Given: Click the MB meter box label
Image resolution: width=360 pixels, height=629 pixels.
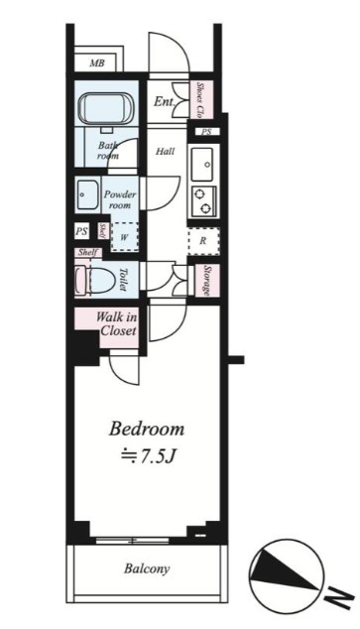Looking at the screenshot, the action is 97,63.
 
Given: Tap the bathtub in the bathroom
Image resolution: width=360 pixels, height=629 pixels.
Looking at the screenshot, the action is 107,109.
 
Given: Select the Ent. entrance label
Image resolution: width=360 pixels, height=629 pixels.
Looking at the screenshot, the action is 165,101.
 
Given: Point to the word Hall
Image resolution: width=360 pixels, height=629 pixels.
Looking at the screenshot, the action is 166,151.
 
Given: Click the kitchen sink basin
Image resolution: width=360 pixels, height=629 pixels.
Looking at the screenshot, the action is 202,164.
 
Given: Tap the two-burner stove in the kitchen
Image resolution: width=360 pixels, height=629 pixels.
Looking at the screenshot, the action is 203,201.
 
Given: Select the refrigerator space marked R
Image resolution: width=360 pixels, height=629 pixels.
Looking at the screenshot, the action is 203,241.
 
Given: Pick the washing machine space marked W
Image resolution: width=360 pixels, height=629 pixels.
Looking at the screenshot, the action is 124,237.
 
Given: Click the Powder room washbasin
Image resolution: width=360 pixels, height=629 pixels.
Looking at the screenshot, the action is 87,194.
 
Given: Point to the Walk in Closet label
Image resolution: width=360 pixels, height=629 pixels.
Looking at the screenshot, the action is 117,324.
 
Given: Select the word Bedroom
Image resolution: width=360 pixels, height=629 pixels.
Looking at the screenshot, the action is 147,429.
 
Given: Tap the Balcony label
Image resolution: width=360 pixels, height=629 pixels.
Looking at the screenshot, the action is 147,568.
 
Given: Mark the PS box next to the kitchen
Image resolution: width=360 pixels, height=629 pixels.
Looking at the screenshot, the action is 206,132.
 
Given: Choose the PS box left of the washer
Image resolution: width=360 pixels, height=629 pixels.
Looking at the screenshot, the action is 81,232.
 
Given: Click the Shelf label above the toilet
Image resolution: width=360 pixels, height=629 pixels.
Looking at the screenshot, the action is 88,252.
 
